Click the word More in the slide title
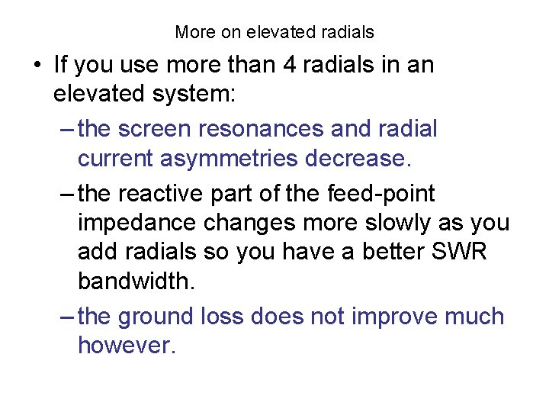[x=194, y=32]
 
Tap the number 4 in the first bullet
[x=291, y=65]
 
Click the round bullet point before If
[x=37, y=66]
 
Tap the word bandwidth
[x=136, y=281]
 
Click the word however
[x=127, y=346]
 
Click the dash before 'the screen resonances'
[x=66, y=129]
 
